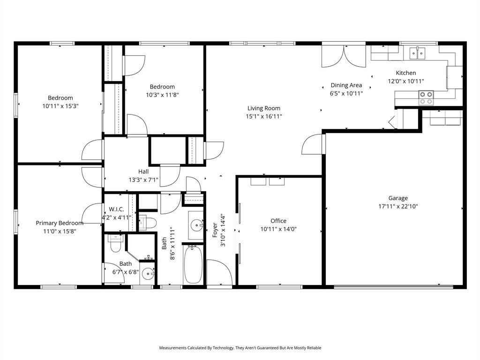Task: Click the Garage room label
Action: click(398, 198)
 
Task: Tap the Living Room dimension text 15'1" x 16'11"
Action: click(263, 116)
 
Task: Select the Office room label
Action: click(278, 221)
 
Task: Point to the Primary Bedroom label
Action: click(60, 223)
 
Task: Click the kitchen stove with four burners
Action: click(426, 97)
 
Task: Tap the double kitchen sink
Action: click(418, 53)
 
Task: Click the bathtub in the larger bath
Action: click(193, 264)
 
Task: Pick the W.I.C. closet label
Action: click(116, 210)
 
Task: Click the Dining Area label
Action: click(346, 85)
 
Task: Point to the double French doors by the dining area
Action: click(344, 56)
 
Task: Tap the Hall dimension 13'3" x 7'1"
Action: click(143, 180)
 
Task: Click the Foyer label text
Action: click(215, 230)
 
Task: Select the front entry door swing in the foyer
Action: click(219, 272)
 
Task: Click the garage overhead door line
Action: click(393, 286)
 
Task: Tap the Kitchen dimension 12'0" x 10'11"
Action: click(406, 81)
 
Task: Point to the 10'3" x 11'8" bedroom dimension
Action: click(162, 95)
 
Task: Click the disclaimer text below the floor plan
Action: click(240, 348)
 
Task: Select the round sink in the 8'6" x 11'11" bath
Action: click(196, 225)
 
